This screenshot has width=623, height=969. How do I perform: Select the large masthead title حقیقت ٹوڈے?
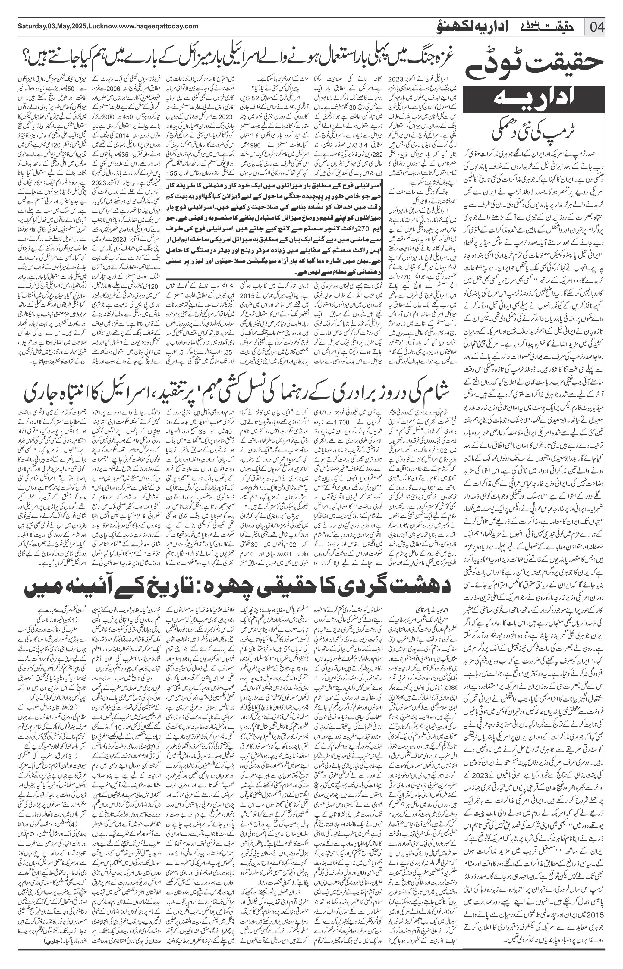[534, 64]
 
